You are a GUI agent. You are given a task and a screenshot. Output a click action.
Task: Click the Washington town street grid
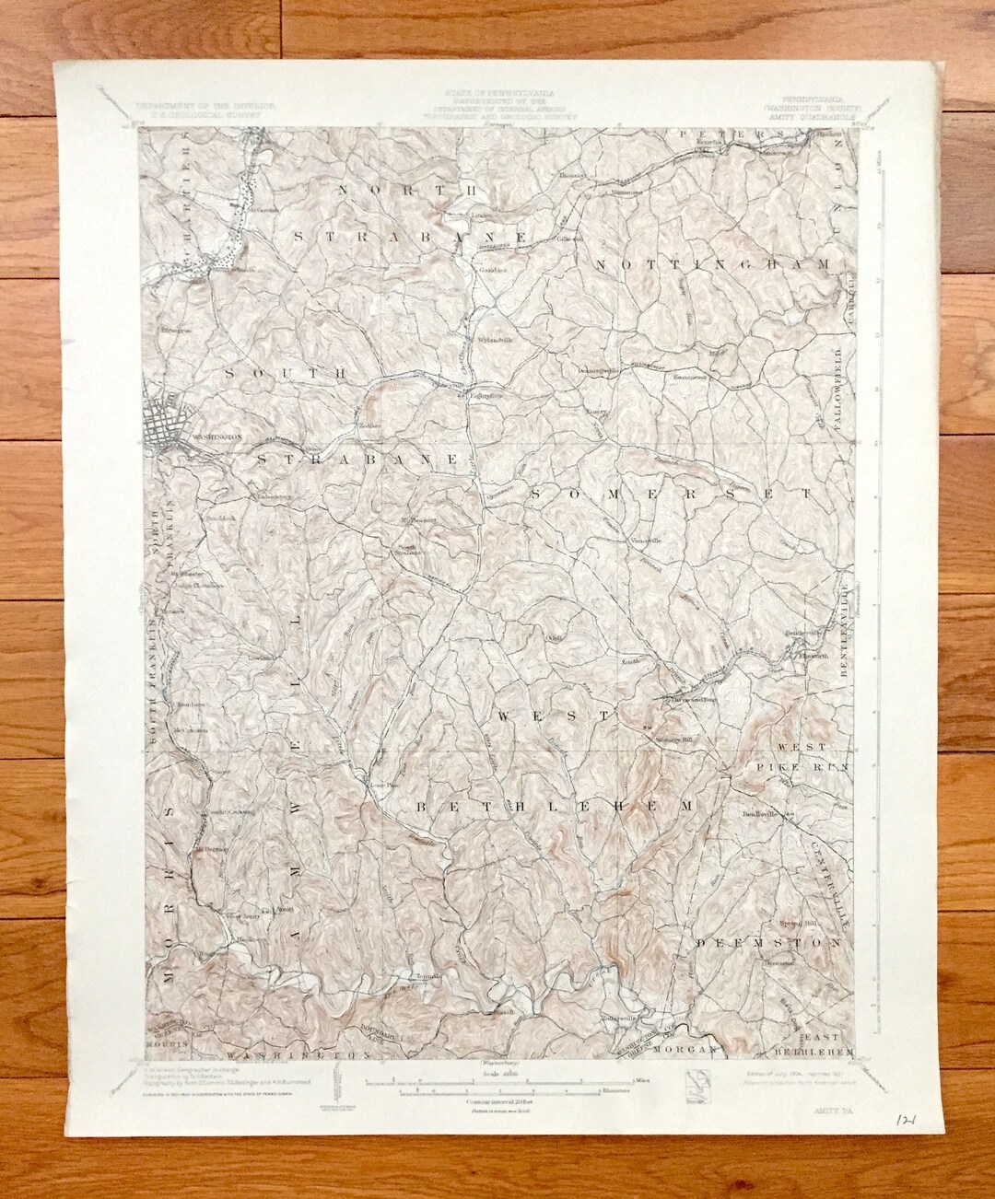[x=167, y=419]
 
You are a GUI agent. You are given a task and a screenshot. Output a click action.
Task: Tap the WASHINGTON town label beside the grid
[x=217, y=438]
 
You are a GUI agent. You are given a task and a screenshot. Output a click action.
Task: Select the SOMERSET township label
[x=672, y=494]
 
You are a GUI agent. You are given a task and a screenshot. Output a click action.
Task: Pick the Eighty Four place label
[x=485, y=396]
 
